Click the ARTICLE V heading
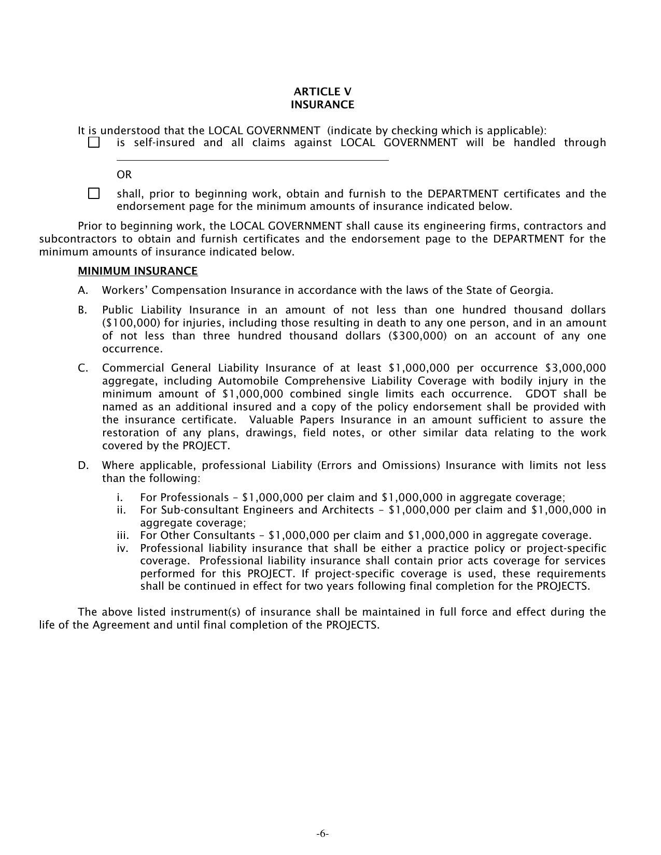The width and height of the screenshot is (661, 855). point(322,92)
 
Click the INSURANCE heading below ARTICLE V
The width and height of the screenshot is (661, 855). point(322,105)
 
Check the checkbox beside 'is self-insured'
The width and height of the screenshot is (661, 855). point(94,142)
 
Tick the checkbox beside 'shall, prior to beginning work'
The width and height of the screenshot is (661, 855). point(94,193)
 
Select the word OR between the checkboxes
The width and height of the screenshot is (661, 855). point(124,175)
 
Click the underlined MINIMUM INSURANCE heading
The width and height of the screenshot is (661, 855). point(137,271)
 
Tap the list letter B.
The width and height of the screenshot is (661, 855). point(82,310)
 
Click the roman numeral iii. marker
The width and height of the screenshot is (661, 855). point(123,535)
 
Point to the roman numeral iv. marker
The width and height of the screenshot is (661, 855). point(122,548)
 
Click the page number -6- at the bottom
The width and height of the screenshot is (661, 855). point(322,834)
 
